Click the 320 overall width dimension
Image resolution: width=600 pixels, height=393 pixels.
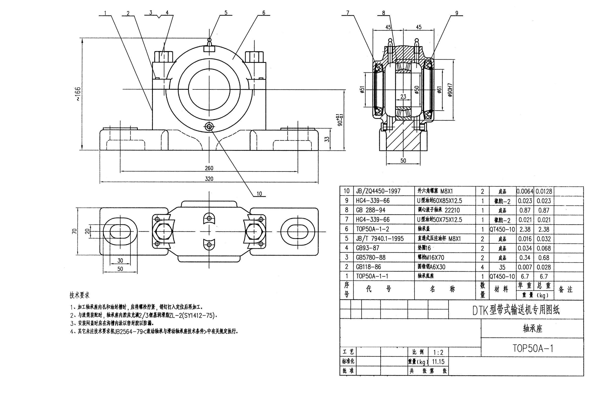209,179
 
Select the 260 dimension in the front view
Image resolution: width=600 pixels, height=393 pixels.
209,168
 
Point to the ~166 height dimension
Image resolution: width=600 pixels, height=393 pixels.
78,94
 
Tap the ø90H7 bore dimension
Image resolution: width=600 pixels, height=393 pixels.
450,90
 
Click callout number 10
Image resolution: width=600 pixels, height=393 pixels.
259,194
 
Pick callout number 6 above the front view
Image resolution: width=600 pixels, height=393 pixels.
264,13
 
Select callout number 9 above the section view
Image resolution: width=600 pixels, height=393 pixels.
457,13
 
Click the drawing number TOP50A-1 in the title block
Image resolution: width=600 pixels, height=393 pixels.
533,349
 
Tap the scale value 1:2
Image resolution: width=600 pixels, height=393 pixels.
438,352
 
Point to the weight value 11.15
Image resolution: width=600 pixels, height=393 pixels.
438,362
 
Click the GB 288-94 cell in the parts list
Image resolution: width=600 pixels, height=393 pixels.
370,210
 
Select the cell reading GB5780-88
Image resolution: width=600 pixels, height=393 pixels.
370,258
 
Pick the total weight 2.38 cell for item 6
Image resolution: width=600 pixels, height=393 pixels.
544,229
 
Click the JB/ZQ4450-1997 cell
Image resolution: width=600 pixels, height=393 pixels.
378,191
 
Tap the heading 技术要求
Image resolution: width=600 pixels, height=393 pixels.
79,295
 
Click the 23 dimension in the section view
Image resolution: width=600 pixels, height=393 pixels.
403,97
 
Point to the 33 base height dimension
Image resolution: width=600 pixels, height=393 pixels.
327,139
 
